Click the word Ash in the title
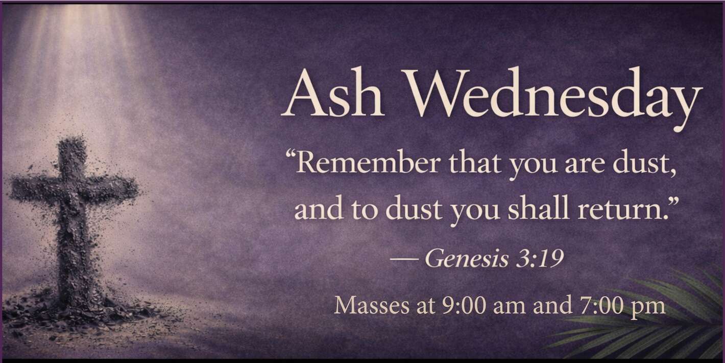tap(333, 93)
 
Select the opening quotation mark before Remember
tap(291, 156)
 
